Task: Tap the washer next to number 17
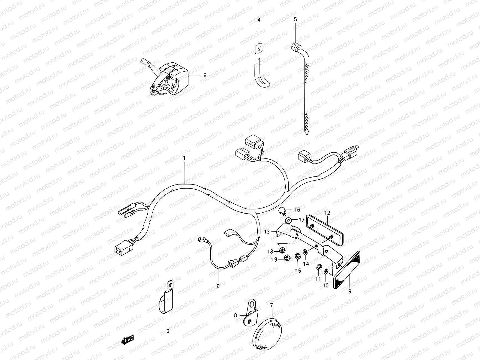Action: pyautogui.click(x=289, y=220)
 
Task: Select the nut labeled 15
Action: pyautogui.click(x=298, y=256)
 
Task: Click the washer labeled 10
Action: pyautogui.click(x=326, y=272)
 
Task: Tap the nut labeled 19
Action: pyautogui.click(x=286, y=257)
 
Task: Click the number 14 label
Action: pyautogui.click(x=306, y=264)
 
